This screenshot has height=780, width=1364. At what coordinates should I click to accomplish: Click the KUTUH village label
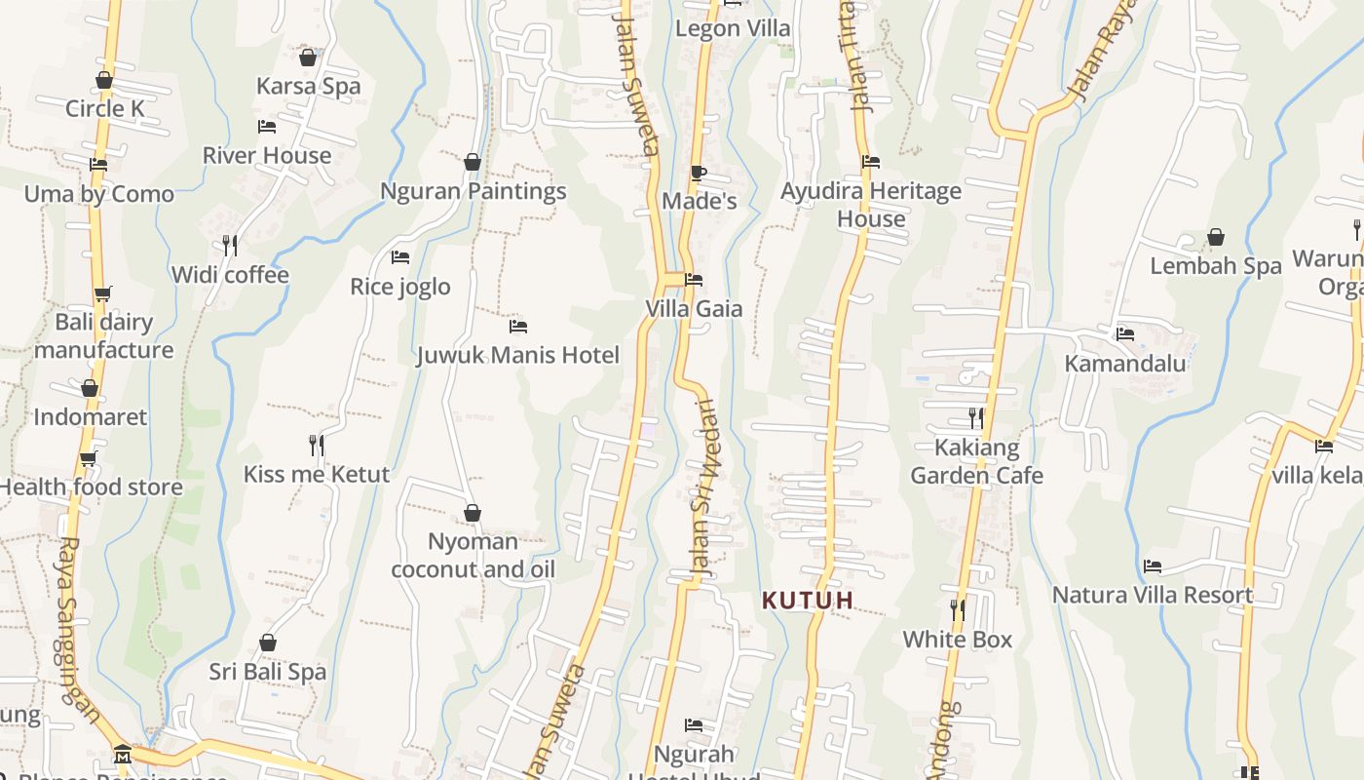pyautogui.click(x=808, y=600)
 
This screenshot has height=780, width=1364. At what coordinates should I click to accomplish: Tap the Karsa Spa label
pyautogui.click(x=308, y=86)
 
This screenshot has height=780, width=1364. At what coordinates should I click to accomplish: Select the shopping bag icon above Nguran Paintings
pyautogui.click(x=473, y=161)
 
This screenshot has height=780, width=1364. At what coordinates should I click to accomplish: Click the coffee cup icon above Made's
pyautogui.click(x=698, y=173)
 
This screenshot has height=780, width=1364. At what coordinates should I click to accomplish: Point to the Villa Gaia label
pyautogui.click(x=694, y=309)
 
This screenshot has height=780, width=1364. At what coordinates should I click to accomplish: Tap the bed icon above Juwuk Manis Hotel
pyautogui.click(x=518, y=326)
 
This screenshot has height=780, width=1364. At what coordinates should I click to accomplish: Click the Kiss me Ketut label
pyautogui.click(x=316, y=474)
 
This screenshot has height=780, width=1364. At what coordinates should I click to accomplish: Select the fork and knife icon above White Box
pyautogui.click(x=958, y=610)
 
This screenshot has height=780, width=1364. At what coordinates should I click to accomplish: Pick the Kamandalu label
pyautogui.click(x=1125, y=364)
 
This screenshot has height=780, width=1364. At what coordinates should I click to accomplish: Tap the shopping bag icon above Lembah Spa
pyautogui.click(x=1216, y=237)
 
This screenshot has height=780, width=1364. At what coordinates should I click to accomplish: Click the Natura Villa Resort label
pyautogui.click(x=1153, y=595)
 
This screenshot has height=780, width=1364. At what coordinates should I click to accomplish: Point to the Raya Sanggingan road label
pyautogui.click(x=78, y=629)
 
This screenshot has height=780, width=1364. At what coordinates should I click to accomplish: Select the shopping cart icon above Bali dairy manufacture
pyautogui.click(x=103, y=293)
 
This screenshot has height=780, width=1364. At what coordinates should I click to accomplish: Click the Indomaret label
pyautogui.click(x=90, y=417)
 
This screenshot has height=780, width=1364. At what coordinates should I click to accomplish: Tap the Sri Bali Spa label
pyautogui.click(x=267, y=672)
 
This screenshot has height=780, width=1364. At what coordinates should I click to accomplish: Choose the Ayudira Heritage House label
pyautogui.click(x=871, y=205)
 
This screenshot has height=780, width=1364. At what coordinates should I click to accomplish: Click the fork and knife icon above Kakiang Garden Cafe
pyautogui.click(x=976, y=418)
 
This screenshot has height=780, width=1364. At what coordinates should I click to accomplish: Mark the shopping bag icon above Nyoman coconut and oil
pyautogui.click(x=473, y=513)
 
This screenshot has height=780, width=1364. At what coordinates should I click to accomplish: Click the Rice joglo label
pyautogui.click(x=399, y=287)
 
